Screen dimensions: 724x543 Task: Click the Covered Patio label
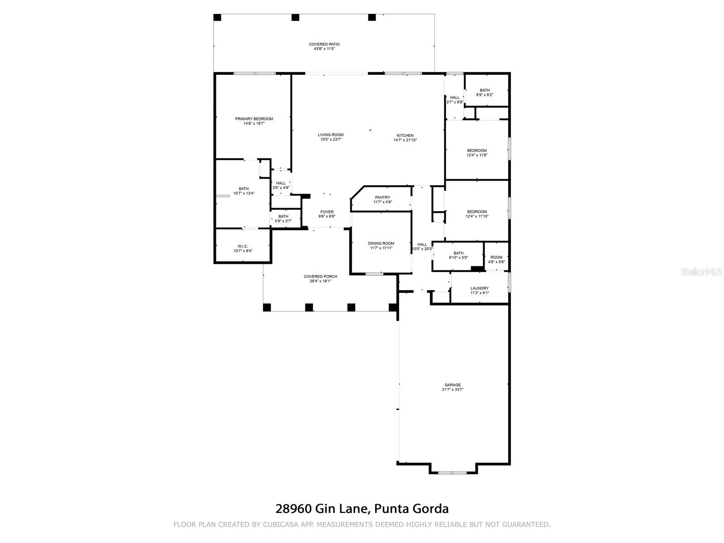point(324,44)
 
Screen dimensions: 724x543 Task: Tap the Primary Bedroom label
point(254,119)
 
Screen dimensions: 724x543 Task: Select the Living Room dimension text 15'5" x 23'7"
point(330,139)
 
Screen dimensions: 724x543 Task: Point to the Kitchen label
point(405,135)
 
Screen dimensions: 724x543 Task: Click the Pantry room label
point(382,197)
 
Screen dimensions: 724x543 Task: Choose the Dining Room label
point(381,243)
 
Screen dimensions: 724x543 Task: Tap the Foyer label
point(327,212)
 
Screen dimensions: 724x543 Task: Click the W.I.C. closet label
point(243,246)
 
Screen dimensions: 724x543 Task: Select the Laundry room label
point(479,288)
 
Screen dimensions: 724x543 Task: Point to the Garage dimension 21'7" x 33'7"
point(452,389)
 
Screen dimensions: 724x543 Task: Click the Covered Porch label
point(320,276)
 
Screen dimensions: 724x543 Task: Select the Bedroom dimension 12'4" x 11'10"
point(476,216)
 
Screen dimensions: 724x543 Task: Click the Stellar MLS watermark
point(701,271)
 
